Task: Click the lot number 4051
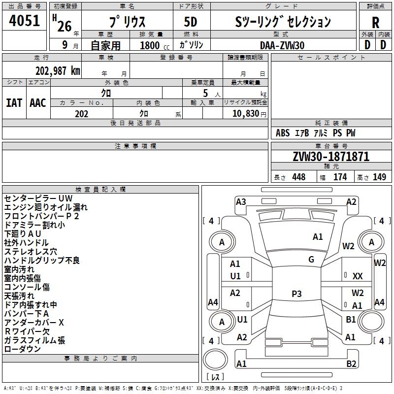[x=24, y=21]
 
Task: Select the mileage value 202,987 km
[x=58, y=71]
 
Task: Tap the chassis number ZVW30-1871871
[x=331, y=157]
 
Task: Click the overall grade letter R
[x=375, y=23]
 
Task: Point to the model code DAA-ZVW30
[x=282, y=45]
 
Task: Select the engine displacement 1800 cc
[x=155, y=45]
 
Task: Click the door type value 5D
[x=191, y=22]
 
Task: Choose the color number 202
[x=81, y=114]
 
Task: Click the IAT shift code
[x=14, y=103]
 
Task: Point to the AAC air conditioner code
[x=38, y=103]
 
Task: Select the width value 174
[x=340, y=177]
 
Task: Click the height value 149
[x=379, y=177]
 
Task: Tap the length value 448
[x=299, y=177]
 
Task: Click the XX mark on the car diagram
[x=358, y=276]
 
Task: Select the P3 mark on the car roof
[x=296, y=294]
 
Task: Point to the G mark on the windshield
[x=311, y=260]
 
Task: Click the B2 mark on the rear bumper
[x=351, y=363]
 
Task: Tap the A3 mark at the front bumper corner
[x=241, y=202]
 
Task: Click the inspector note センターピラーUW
[x=38, y=198]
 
